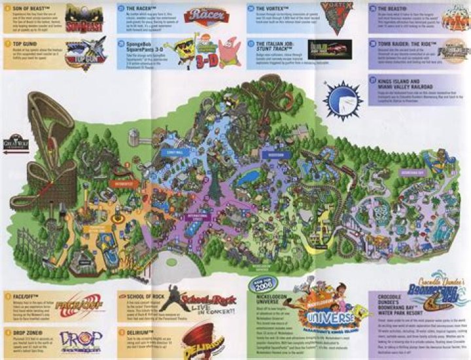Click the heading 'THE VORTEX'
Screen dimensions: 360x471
pos(270,8)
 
